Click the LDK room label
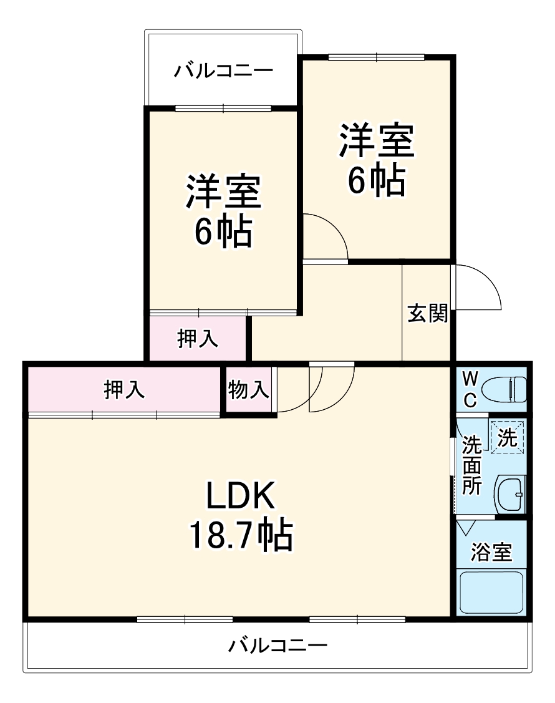tap(241, 497)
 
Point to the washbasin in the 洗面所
tap(511, 495)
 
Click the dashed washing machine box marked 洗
tap(507, 437)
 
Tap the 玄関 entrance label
tap(428, 313)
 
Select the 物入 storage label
tap(249, 390)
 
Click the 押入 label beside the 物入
tap(125, 390)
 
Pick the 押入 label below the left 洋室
tap(198, 338)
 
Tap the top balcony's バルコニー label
tap(223, 70)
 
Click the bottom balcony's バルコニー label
tap(277, 645)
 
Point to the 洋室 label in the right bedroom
tap(377, 141)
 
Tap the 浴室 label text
tap(491, 552)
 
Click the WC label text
tap(471, 389)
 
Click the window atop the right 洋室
tap(377, 57)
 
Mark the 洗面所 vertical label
tap(471, 465)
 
